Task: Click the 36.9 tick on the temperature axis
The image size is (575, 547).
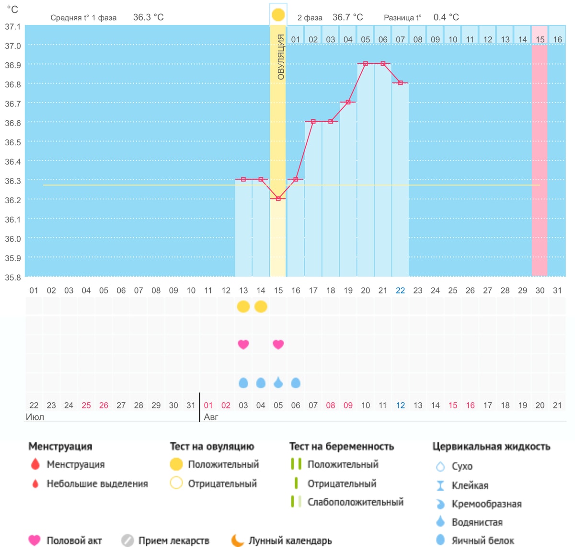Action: (x=13, y=65)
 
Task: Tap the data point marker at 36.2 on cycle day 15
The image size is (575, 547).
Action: (x=278, y=198)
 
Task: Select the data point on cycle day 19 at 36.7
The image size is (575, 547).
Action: (x=348, y=102)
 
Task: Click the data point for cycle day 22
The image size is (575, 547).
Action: (x=401, y=83)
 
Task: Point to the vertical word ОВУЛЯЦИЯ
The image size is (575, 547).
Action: (x=280, y=57)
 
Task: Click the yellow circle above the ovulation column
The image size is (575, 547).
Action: (x=278, y=15)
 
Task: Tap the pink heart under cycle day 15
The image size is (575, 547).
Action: (x=278, y=344)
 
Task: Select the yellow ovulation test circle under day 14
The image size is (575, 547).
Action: (x=261, y=306)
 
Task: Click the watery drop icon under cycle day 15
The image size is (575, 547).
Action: (x=278, y=383)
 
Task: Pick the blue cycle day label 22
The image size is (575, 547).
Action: (x=400, y=291)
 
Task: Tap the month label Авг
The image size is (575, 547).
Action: (x=211, y=417)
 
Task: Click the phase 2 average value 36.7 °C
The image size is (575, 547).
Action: (x=347, y=17)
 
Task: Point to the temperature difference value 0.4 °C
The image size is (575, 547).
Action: (x=446, y=17)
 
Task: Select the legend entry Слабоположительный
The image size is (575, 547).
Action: (x=356, y=502)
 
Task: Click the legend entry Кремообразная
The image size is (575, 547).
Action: (x=487, y=504)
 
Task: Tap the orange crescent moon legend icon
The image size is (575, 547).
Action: (x=238, y=540)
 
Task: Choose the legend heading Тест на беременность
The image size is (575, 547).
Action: (x=342, y=446)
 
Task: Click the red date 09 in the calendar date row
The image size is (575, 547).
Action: (x=348, y=405)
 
